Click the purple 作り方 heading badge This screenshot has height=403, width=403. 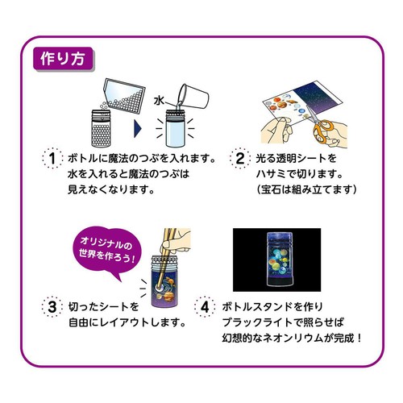pos(63,59)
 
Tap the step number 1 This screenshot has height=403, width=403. pos(52,158)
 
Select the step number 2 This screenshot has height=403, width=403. pos(240,158)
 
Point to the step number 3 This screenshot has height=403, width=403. pos(52,307)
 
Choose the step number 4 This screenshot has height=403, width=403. pos(205,307)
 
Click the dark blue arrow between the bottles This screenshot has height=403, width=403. pos(138,128)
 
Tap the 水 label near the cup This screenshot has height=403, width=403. pos(159,101)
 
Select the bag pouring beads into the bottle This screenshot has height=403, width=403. pos(123,94)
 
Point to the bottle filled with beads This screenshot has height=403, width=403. pos(101,128)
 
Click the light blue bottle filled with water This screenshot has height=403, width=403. pos(175,128)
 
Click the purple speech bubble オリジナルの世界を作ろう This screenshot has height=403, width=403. pos(107,252)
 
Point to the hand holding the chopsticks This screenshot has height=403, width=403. pos(175,241)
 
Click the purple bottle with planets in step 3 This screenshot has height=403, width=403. pos(164,281)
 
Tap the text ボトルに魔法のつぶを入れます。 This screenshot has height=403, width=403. pos(142,159)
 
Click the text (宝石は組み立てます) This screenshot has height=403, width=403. pos(306,189)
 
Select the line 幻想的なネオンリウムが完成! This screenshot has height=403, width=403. pos(292,339)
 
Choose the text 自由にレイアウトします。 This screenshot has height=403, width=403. pos(127,322)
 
